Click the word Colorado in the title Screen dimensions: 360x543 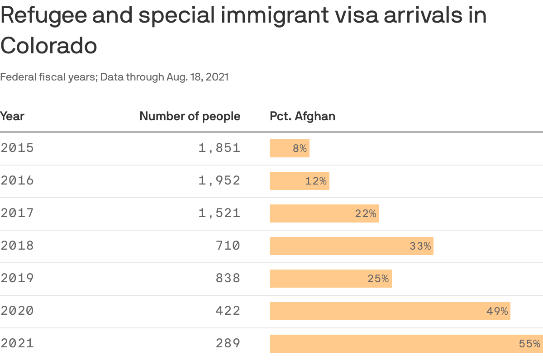(x=48, y=45)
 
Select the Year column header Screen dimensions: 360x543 (x=12, y=116)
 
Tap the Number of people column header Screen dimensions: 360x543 (x=190, y=116)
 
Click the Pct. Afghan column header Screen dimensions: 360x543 (x=302, y=116)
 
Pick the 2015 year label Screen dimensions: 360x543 (x=17, y=148)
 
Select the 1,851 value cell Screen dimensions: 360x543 (x=219, y=148)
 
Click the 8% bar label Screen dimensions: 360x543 (x=300, y=148)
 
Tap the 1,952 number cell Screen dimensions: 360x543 (x=219, y=180)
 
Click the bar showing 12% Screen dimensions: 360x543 (x=299, y=181)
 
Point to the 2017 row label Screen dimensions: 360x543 (x=17, y=213)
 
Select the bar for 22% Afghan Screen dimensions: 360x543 (x=324, y=213)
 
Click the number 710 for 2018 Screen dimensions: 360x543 (x=228, y=246)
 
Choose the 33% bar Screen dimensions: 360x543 (x=351, y=246)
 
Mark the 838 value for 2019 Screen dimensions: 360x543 (x=228, y=278)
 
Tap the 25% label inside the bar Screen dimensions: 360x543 (x=378, y=279)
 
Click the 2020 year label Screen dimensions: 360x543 (x=17, y=311)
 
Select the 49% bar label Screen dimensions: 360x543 (x=497, y=311)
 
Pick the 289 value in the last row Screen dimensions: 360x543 (x=228, y=343)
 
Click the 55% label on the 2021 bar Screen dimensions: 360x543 (x=529, y=344)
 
